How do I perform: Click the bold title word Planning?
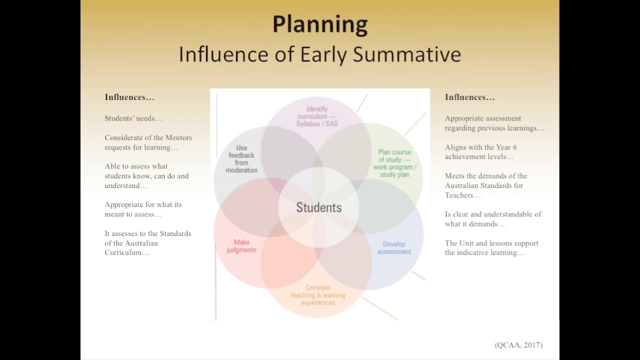(x=320, y=24)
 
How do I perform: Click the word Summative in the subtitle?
(x=406, y=54)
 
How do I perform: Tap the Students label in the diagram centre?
(x=319, y=207)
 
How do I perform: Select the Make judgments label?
(x=241, y=246)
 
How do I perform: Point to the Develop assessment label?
(x=394, y=248)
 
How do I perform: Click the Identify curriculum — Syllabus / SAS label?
(x=317, y=116)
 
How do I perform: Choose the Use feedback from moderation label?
(x=241, y=159)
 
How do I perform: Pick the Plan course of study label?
(x=394, y=163)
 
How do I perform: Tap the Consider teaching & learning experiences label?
(x=318, y=295)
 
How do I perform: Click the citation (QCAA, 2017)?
(x=518, y=345)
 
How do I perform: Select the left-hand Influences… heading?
(x=129, y=97)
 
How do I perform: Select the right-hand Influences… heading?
(x=470, y=97)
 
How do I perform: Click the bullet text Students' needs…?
(x=133, y=118)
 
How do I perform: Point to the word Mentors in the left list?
(x=178, y=137)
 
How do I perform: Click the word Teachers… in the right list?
(x=462, y=195)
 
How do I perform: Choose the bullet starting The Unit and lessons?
(x=491, y=247)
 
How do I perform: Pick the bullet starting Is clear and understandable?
(x=493, y=219)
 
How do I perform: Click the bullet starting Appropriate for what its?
(x=143, y=209)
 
